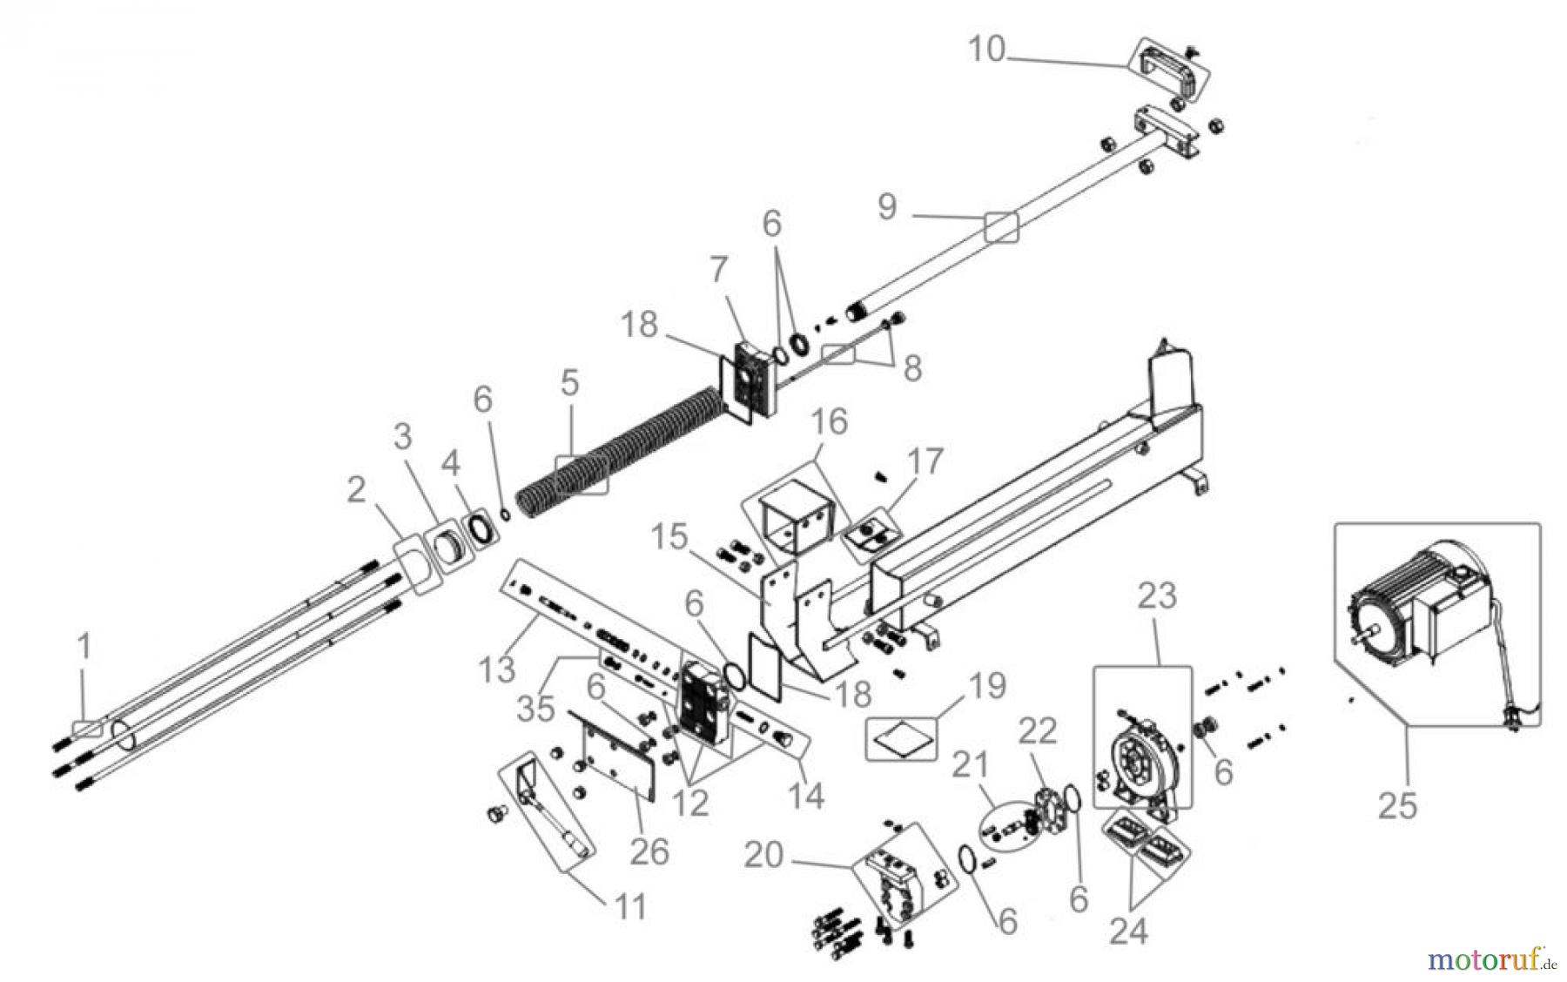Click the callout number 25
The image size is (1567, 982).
coord(1397,805)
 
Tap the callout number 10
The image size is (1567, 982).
coord(986,50)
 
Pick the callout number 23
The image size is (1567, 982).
coord(1157,596)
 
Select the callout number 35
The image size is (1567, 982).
coord(535,708)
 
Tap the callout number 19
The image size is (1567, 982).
coord(987,686)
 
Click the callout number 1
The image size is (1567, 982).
coord(84,646)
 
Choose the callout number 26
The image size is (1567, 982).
coord(649,851)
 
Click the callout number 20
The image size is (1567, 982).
coord(763,856)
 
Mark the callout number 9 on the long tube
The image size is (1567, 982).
coord(887,207)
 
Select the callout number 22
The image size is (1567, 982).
coord(1037,731)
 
